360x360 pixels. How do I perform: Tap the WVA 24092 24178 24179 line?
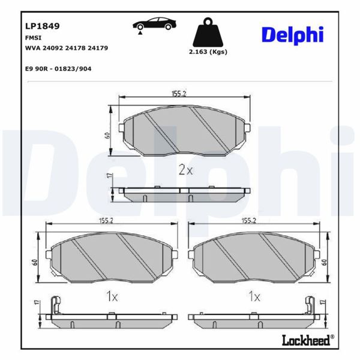click(x=66, y=47)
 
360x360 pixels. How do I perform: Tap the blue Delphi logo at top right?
click(x=292, y=34)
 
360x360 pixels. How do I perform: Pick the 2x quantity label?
click(x=185, y=170)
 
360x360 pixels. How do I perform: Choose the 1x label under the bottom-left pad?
click(x=112, y=296)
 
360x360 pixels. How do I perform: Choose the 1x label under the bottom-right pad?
click(x=254, y=296)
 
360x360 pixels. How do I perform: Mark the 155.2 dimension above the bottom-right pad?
click(x=249, y=220)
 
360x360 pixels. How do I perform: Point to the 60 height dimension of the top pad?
click(x=107, y=134)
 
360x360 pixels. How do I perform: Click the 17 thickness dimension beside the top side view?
click(x=108, y=177)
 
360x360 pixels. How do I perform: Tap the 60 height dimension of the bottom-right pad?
click(x=324, y=262)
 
